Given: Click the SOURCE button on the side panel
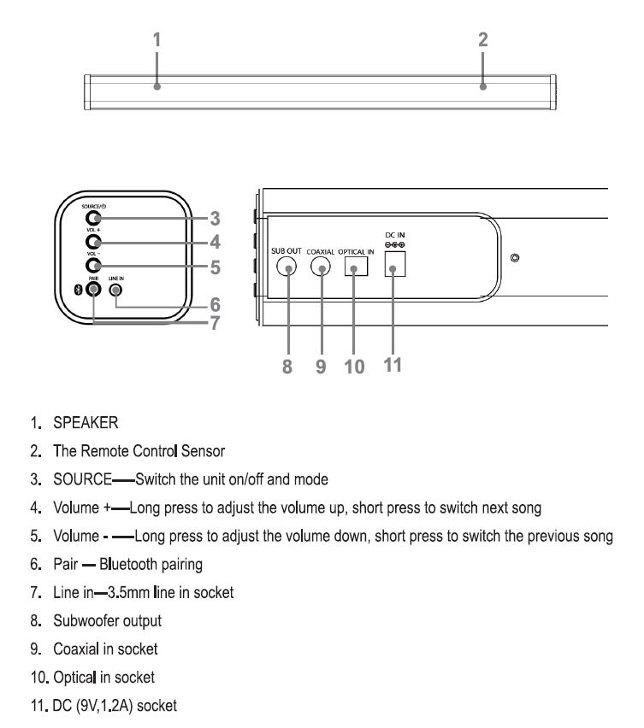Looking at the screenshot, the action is click(93, 218).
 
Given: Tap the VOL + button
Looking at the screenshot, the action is click(93, 242).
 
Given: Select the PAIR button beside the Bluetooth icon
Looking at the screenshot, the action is click(93, 290).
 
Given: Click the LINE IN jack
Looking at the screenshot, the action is click(115, 291).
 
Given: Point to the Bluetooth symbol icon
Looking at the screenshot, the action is click(79, 290).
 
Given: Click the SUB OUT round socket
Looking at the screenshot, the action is click(287, 267).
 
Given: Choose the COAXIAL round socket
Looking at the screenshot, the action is click(321, 267).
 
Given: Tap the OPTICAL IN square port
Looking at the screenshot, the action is click(357, 267).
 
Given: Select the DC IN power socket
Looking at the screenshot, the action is click(395, 264).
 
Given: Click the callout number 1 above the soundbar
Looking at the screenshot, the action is click(157, 40).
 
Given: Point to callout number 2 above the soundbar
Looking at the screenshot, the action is click(483, 40).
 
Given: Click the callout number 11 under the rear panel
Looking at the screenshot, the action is click(393, 365).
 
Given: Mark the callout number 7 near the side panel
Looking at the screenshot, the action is click(215, 323).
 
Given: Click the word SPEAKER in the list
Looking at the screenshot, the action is click(86, 423).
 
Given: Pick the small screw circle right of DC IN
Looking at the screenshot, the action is click(515, 258).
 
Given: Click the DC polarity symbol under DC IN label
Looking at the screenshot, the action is click(395, 244).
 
